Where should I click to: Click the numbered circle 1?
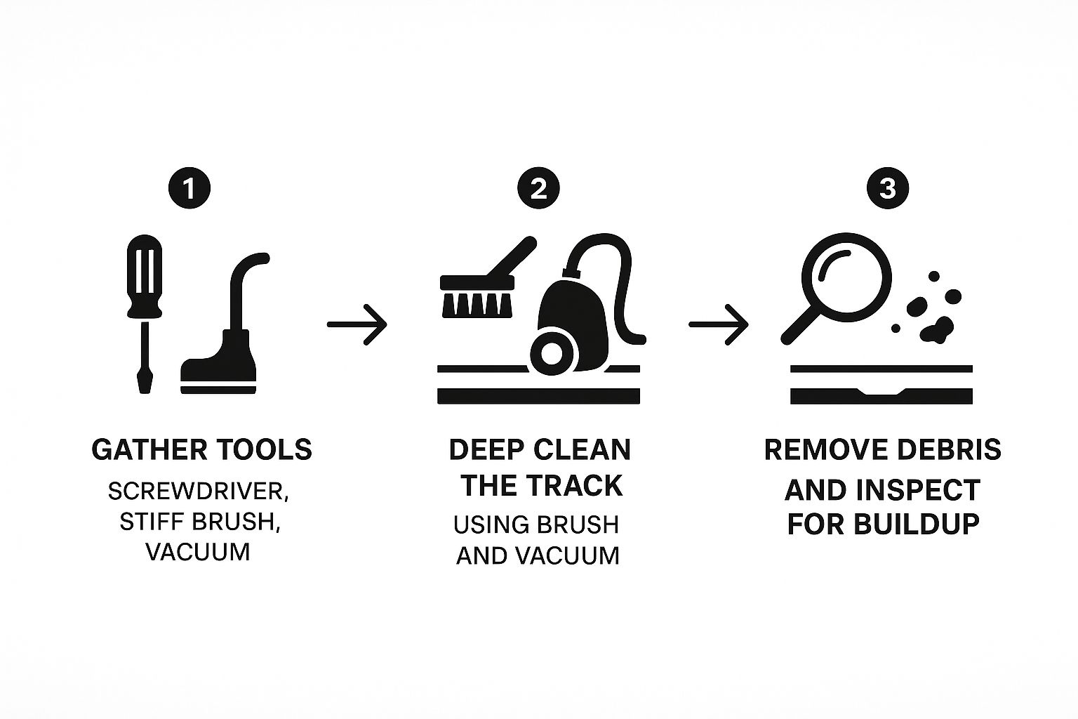click(189, 187)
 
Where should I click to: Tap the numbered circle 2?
click(538, 187)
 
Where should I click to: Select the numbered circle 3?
click(888, 187)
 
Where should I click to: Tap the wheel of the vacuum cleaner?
click(552, 354)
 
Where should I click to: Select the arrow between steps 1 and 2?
click(357, 324)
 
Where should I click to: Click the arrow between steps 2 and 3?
click(719, 324)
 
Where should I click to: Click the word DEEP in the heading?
click(487, 450)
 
